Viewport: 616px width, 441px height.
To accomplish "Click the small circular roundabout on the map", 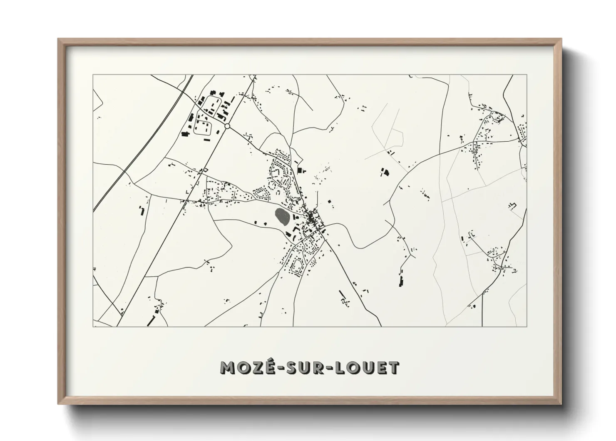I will (227, 125).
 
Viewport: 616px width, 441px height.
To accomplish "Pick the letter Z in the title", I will (253, 367).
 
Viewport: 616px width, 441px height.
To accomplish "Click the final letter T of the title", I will (394, 367).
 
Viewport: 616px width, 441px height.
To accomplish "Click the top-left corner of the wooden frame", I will (58, 39).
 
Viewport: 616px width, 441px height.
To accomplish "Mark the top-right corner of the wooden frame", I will (561, 39).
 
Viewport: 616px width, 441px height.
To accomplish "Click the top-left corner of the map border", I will (93, 75).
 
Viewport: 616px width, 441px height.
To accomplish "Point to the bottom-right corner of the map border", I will (527, 326).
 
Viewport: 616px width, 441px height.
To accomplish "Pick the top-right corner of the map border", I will (527, 75).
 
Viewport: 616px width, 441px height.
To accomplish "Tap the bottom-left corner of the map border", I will (93, 326).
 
